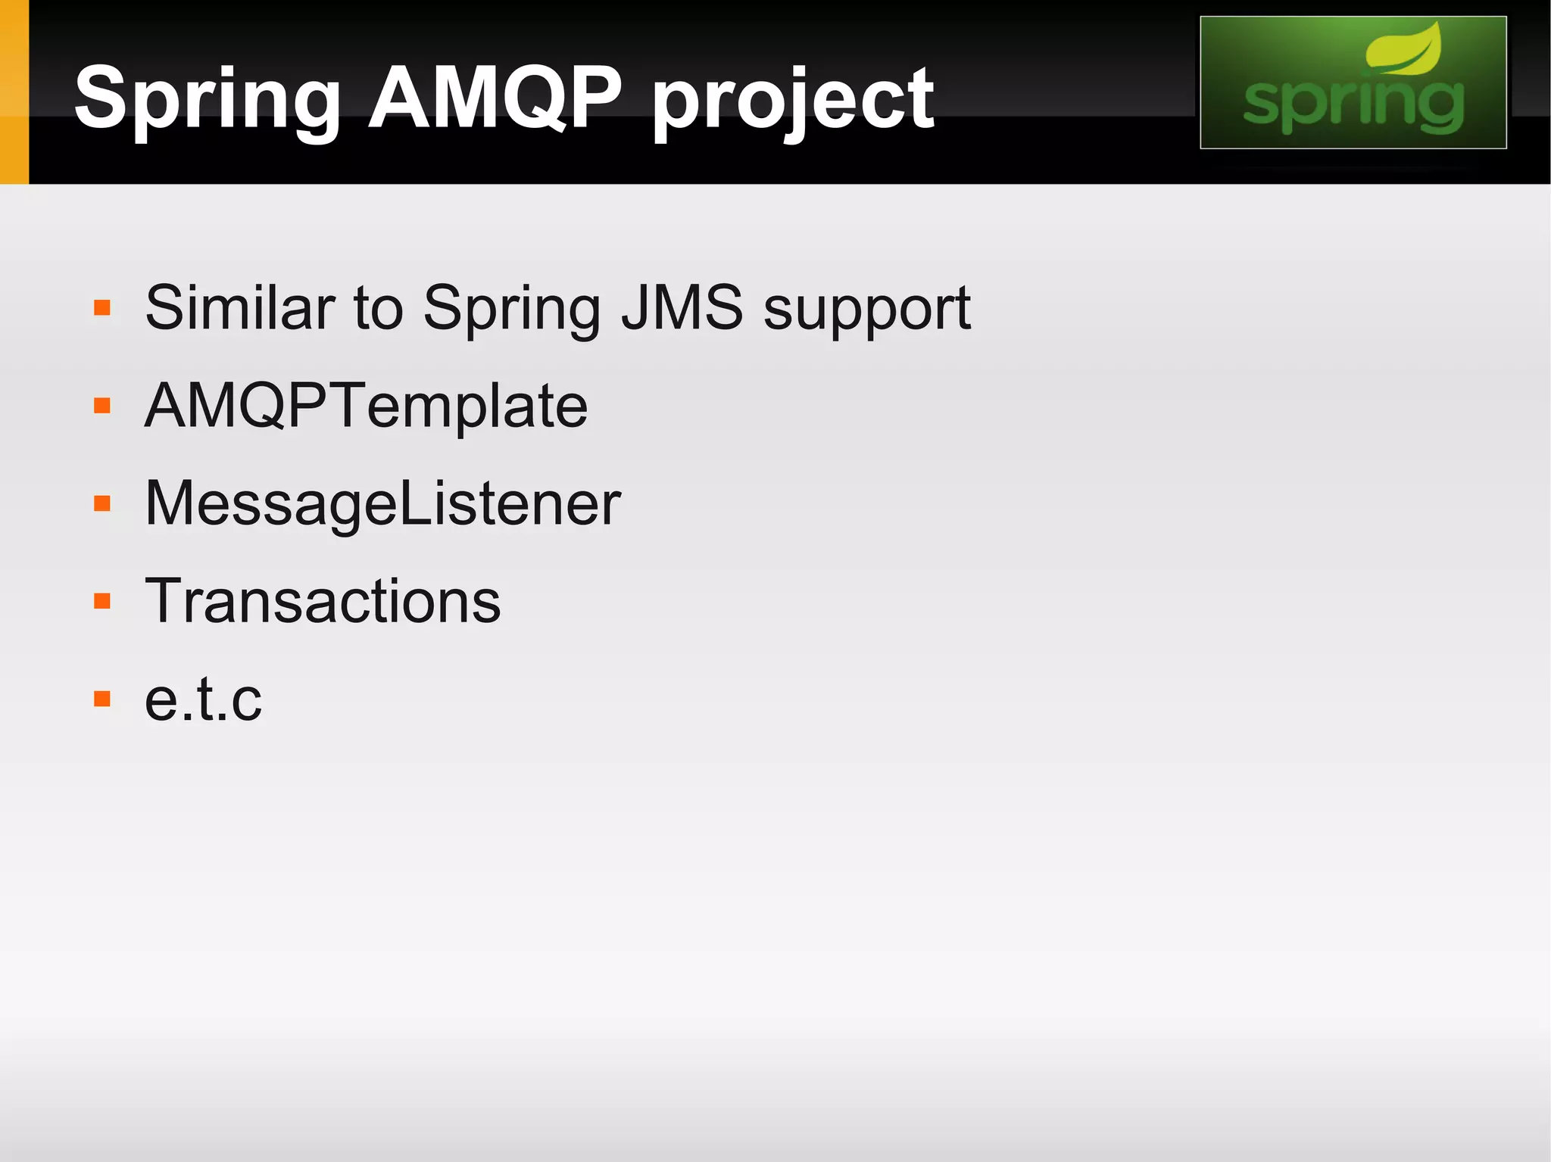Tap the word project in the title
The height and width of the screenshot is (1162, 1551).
pos(792,102)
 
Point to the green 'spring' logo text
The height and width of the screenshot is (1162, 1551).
pos(1353,106)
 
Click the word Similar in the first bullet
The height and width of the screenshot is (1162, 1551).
pos(240,307)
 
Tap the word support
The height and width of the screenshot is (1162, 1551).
pos(866,310)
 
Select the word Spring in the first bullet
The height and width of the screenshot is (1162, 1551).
pos(512,310)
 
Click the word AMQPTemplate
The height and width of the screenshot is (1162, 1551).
pos(366,407)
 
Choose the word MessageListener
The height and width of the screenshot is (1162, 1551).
pos(382,504)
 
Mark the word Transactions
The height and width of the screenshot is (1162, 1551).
pos(323,601)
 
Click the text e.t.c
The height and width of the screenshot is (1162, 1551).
pos(203,699)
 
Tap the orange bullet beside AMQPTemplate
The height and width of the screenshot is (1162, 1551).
pos(102,407)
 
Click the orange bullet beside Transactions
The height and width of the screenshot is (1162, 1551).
pos(102,602)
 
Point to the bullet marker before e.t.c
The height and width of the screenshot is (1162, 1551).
pos(102,699)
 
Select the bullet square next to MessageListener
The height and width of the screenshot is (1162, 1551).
pos(102,504)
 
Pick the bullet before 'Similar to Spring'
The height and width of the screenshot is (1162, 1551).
pos(102,308)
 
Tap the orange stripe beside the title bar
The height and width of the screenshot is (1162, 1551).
pos(14,92)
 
